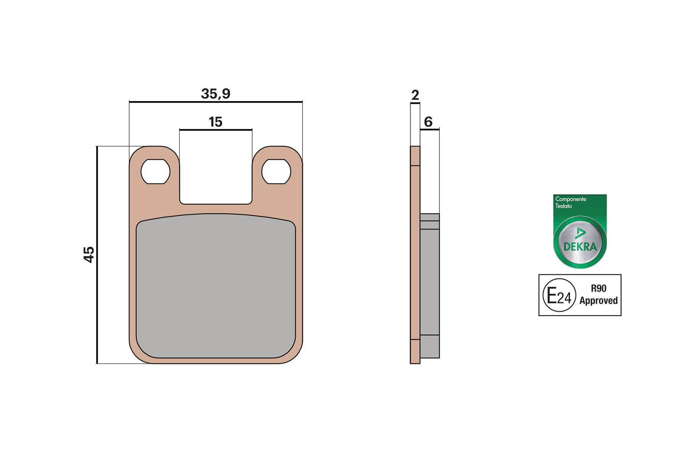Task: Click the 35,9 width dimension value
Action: (216, 93)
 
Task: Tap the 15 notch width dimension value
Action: (216, 122)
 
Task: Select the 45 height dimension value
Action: (89, 254)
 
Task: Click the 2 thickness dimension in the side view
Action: (415, 95)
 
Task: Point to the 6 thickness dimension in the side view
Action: (428, 122)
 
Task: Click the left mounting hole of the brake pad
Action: (155, 172)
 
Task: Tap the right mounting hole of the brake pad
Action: (276, 172)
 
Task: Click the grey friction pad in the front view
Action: (216, 286)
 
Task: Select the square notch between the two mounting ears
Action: (216, 168)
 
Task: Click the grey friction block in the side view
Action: (430, 282)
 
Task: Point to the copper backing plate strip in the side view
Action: (415, 252)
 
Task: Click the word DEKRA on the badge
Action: (580, 247)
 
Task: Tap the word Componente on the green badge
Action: (570, 199)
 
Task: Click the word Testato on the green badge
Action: (563, 206)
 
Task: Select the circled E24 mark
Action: (559, 295)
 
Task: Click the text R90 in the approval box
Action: (599, 288)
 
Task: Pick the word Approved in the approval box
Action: (599, 301)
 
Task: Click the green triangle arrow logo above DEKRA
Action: (580, 233)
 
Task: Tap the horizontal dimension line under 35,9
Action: (216, 102)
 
